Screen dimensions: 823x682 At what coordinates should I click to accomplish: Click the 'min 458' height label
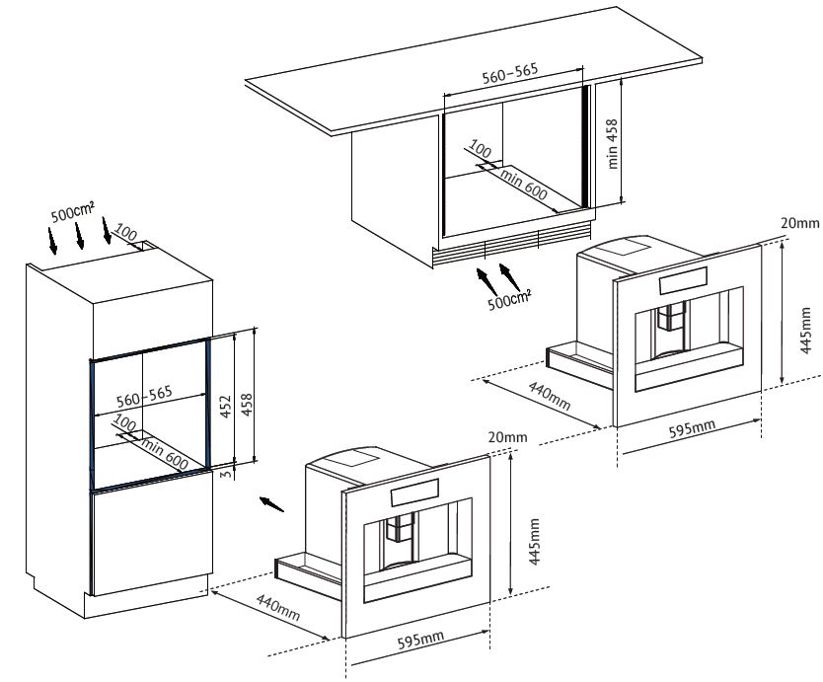click(613, 144)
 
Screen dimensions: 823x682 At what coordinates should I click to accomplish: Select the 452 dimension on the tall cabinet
click(225, 407)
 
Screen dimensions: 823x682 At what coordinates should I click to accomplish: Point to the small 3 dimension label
click(225, 474)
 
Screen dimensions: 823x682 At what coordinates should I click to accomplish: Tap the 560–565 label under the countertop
click(510, 73)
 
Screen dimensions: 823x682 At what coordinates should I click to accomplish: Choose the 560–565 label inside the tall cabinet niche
click(144, 397)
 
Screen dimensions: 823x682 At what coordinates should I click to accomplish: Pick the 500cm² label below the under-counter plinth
click(509, 299)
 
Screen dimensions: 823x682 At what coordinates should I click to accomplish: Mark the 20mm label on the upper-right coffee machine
click(800, 223)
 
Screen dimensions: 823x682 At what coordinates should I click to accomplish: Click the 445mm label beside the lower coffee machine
click(534, 541)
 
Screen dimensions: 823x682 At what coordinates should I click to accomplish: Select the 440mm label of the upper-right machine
click(550, 396)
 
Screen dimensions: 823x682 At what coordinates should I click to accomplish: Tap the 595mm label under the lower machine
click(420, 640)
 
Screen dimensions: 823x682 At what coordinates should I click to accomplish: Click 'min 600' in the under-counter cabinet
click(524, 185)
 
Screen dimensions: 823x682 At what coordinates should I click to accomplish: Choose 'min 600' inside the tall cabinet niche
click(165, 454)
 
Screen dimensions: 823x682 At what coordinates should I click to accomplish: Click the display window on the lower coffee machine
click(414, 490)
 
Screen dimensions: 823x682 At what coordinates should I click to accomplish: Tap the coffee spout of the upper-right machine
click(672, 316)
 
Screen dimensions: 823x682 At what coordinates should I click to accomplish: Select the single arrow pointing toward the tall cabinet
click(271, 503)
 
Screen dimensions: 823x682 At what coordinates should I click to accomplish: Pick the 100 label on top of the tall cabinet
click(125, 232)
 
